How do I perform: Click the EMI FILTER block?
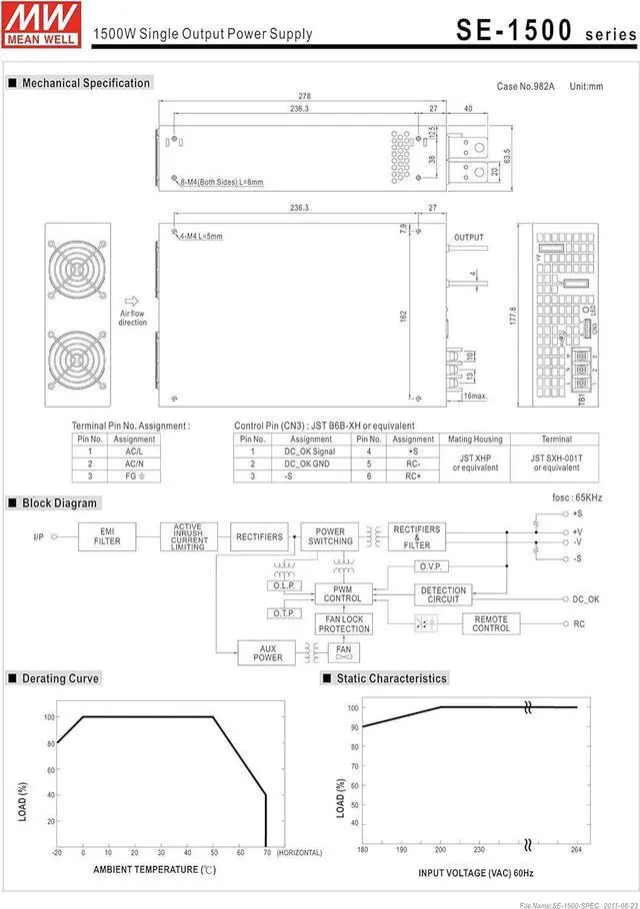click(107, 536)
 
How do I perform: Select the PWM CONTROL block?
click(343, 594)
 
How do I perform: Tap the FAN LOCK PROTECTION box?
click(344, 624)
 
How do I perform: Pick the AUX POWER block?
click(268, 653)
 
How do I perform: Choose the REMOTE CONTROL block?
click(491, 623)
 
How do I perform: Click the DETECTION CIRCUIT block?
click(443, 595)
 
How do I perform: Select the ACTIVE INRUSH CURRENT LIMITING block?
click(188, 536)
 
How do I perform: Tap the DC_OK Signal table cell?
click(311, 452)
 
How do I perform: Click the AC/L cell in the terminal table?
click(134, 452)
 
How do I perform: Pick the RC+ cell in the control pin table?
click(413, 476)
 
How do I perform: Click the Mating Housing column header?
click(474, 439)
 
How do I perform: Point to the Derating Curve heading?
click(60, 678)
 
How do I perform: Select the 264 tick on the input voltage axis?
click(577, 851)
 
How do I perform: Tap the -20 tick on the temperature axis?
click(57, 852)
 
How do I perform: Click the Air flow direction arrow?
click(132, 300)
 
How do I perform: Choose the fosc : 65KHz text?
click(575, 497)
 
